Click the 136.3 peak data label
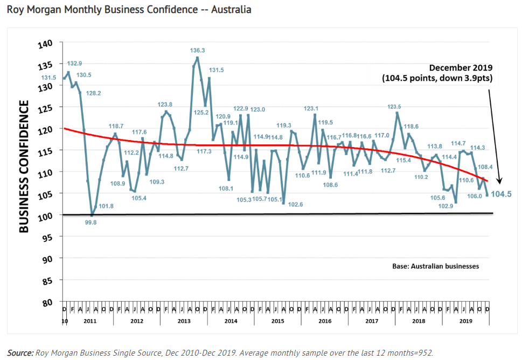198,50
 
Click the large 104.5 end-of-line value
501,195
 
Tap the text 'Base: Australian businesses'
435,266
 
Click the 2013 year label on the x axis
184,321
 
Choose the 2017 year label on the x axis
372,321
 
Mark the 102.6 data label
296,205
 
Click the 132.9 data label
74,63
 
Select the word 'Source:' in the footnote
20,352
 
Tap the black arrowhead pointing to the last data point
500,182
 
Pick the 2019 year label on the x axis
465,321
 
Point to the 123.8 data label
165,104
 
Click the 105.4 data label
138,198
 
